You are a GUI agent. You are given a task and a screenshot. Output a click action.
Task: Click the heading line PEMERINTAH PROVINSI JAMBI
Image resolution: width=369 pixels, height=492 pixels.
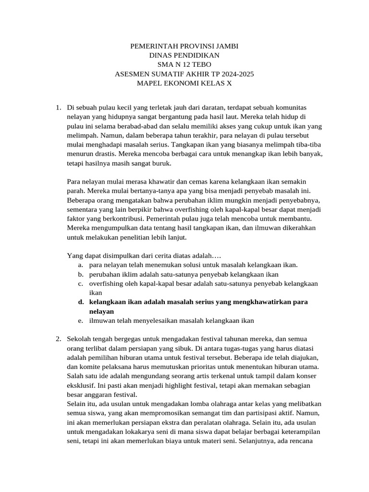pyautogui.click(x=184, y=46)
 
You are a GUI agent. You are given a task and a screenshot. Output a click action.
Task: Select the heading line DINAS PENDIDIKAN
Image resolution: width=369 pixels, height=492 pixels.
pyautogui.click(x=184, y=55)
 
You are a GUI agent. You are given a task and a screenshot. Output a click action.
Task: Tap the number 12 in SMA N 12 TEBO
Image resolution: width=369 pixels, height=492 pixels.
pyautogui.click(x=184, y=64)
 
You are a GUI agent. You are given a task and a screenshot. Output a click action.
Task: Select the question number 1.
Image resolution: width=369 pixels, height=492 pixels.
pyautogui.click(x=58, y=108)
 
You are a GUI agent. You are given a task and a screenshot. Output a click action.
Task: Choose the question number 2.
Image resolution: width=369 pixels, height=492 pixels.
pyautogui.click(x=58, y=339)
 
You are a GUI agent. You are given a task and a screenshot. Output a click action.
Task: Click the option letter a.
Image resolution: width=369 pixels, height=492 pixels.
pyautogui.click(x=80, y=265)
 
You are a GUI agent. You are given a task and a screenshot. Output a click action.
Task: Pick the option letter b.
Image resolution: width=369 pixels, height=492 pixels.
pyautogui.click(x=80, y=274)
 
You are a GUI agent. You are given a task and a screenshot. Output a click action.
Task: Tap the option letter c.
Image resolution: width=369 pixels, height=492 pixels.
pyautogui.click(x=80, y=283)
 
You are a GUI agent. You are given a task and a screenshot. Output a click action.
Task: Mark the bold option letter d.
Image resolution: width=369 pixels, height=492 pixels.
pyautogui.click(x=80, y=302)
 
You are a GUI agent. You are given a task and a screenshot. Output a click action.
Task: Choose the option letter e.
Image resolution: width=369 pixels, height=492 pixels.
pyautogui.click(x=80, y=320)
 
